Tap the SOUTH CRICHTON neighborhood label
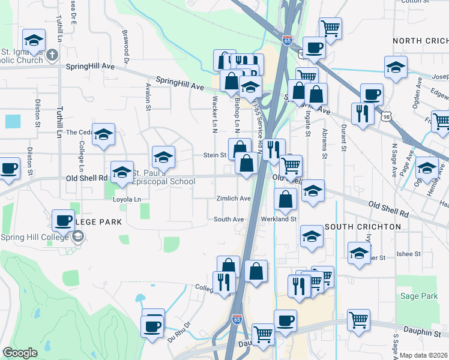click(x=363, y=227)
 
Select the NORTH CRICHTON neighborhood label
click(x=420, y=40)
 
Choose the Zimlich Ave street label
click(x=234, y=199)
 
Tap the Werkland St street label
click(x=279, y=219)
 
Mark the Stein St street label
click(x=214, y=155)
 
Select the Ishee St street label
click(x=409, y=254)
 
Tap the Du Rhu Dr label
click(x=178, y=331)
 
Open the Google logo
click(x=20, y=353)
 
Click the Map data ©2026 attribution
click(x=423, y=355)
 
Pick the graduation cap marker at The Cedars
click(x=103, y=134)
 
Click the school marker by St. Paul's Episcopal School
click(x=122, y=172)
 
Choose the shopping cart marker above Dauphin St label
click(x=358, y=319)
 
